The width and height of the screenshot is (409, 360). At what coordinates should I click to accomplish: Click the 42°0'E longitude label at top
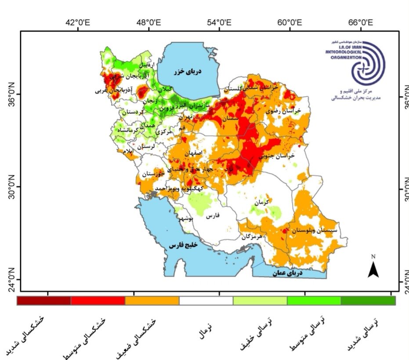click(x=78, y=23)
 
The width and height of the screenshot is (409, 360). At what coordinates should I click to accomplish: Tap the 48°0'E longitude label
click(x=149, y=23)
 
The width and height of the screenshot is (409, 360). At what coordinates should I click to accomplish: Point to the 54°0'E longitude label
click(x=220, y=23)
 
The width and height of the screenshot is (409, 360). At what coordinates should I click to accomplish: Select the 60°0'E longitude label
click(x=290, y=23)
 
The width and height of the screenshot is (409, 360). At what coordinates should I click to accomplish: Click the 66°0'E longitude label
click(x=361, y=23)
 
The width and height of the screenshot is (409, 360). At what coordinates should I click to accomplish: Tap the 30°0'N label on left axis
click(x=13, y=186)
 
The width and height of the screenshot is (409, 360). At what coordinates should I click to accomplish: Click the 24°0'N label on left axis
click(x=13, y=280)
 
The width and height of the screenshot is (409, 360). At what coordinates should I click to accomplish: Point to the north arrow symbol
click(x=373, y=269)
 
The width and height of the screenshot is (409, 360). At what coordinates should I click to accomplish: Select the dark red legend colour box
click(x=44, y=301)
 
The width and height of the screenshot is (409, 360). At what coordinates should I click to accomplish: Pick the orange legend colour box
click(x=152, y=301)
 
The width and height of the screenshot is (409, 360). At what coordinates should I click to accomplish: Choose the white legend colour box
click(x=206, y=301)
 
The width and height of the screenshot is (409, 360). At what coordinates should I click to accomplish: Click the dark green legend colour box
click(x=368, y=301)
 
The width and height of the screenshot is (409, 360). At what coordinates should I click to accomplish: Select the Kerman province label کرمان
click(x=262, y=203)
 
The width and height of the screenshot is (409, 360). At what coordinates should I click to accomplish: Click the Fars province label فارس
click(x=213, y=216)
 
